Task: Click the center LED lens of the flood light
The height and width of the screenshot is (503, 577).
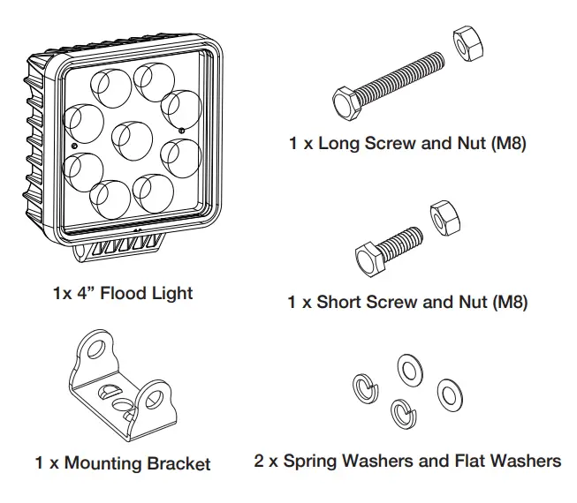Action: point(130,137)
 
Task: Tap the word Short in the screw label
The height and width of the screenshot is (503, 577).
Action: point(342,303)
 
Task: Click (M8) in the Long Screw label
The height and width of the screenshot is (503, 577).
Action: point(507,143)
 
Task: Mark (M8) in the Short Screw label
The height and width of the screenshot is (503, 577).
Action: point(508,303)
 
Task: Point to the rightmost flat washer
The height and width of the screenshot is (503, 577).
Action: point(449,394)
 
